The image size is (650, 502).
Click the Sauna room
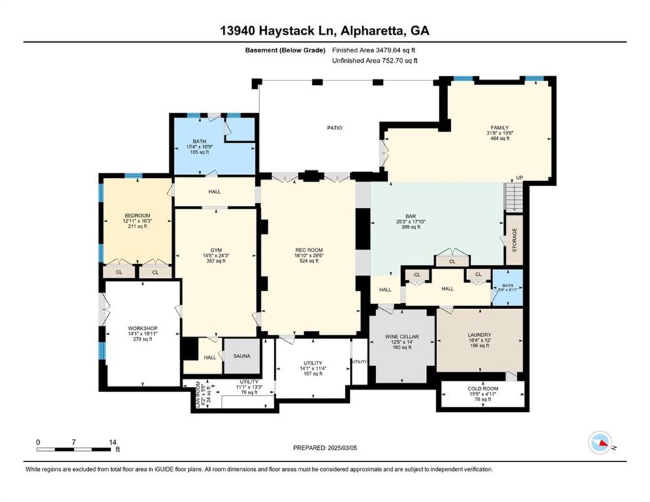tap(242, 356)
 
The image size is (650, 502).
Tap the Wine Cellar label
tap(402, 337)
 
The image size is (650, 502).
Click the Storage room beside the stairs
tap(515, 240)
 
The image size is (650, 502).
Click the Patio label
tap(334, 127)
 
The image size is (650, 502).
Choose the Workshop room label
tap(142, 328)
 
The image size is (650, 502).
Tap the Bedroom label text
tap(138, 216)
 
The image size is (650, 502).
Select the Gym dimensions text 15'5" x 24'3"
tap(216, 255)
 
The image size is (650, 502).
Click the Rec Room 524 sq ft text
tap(309, 261)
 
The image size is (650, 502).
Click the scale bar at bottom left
tap(74, 448)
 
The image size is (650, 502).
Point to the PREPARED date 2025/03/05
tap(325, 448)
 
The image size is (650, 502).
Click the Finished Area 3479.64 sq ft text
tap(374, 50)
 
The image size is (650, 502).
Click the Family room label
tap(500, 127)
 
